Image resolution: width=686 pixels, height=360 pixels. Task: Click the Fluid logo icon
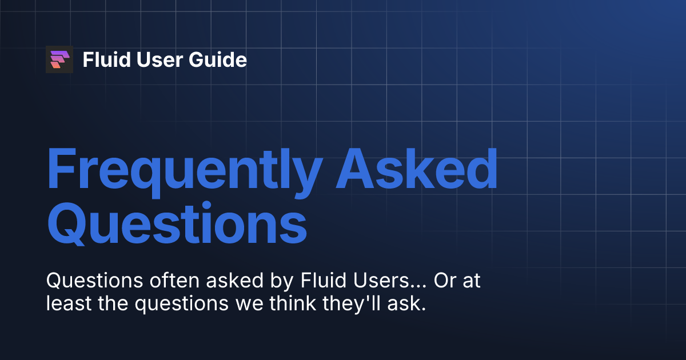(59, 59)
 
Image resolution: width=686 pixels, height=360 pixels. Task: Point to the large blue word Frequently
(182, 170)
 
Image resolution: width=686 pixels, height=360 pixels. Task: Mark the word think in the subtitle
(287, 304)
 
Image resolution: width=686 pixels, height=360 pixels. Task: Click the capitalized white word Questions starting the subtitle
(87, 281)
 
